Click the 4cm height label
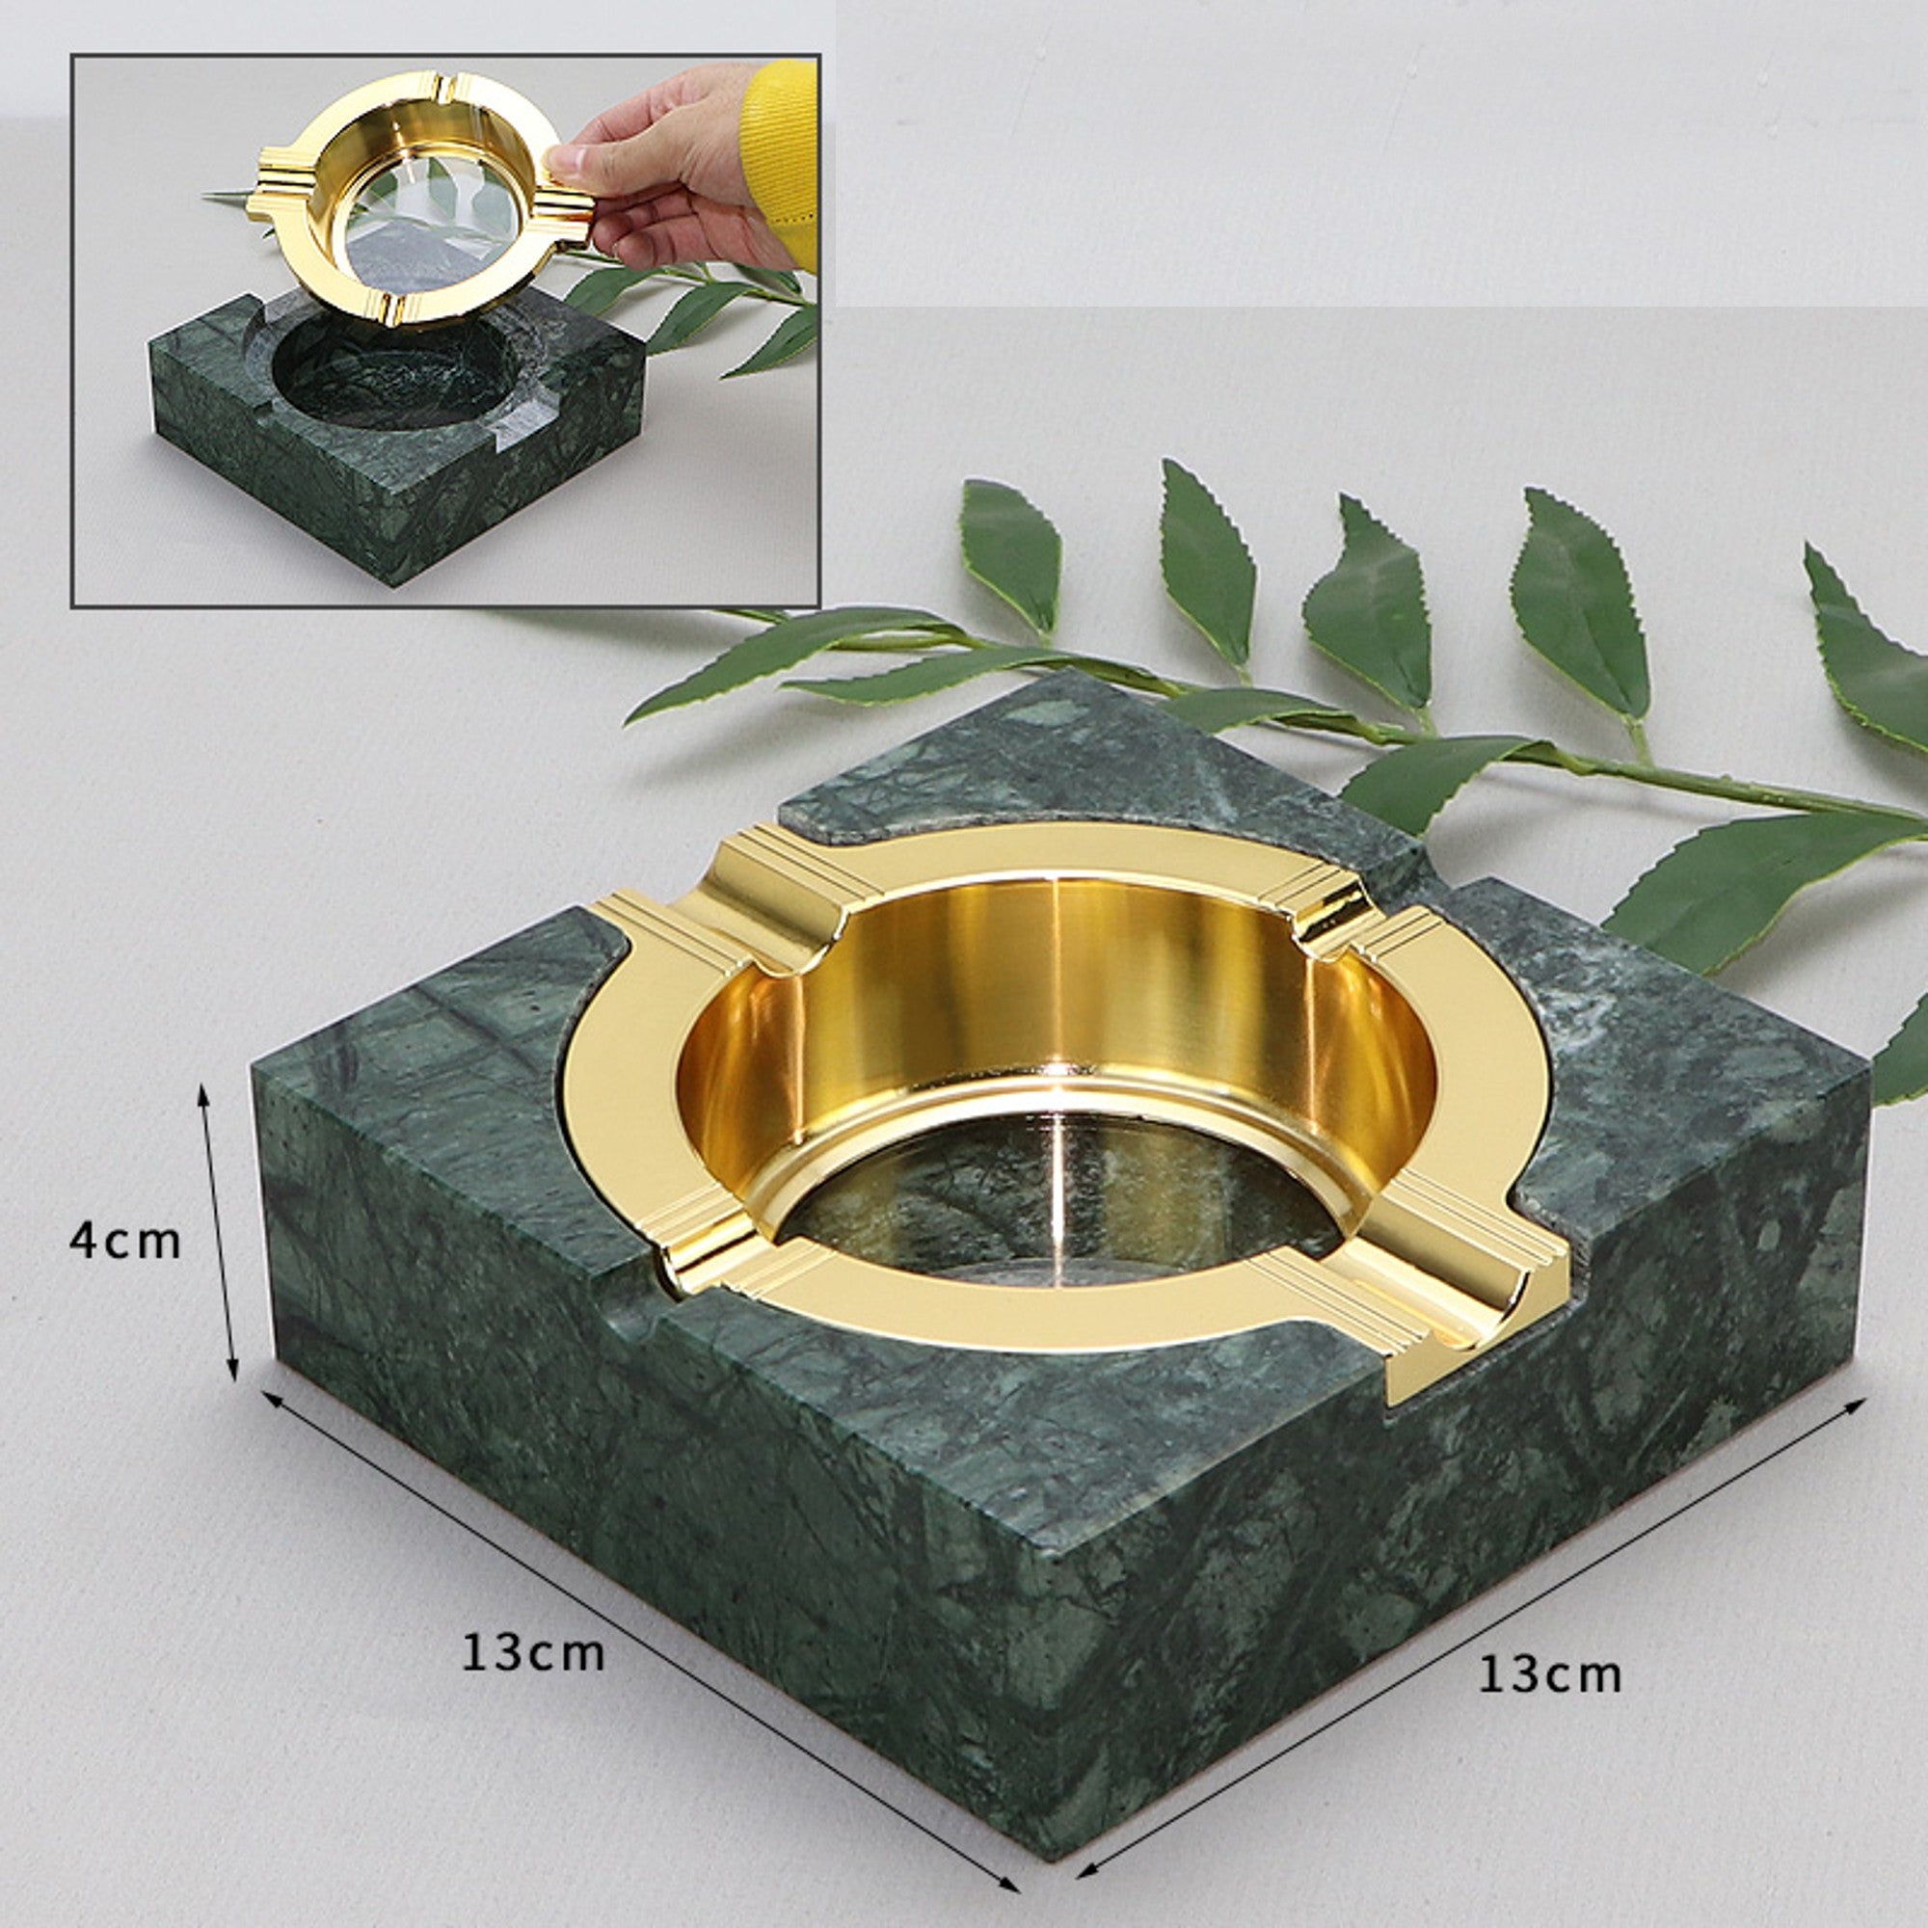124,1242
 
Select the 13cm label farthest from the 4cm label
1550,1674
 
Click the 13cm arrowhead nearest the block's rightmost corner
1853,1406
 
